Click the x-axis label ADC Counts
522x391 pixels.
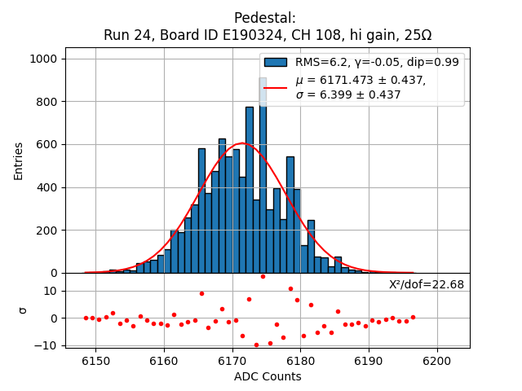click(x=268, y=376)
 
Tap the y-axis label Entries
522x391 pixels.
click(x=19, y=160)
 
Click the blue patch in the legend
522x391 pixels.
click(x=276, y=62)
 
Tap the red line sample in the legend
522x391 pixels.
click(x=276, y=87)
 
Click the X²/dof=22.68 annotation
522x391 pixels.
click(x=427, y=284)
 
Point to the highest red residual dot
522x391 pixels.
click(x=263, y=276)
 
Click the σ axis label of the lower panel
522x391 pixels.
click(x=23, y=310)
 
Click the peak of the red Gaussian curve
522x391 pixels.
click(x=241, y=144)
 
